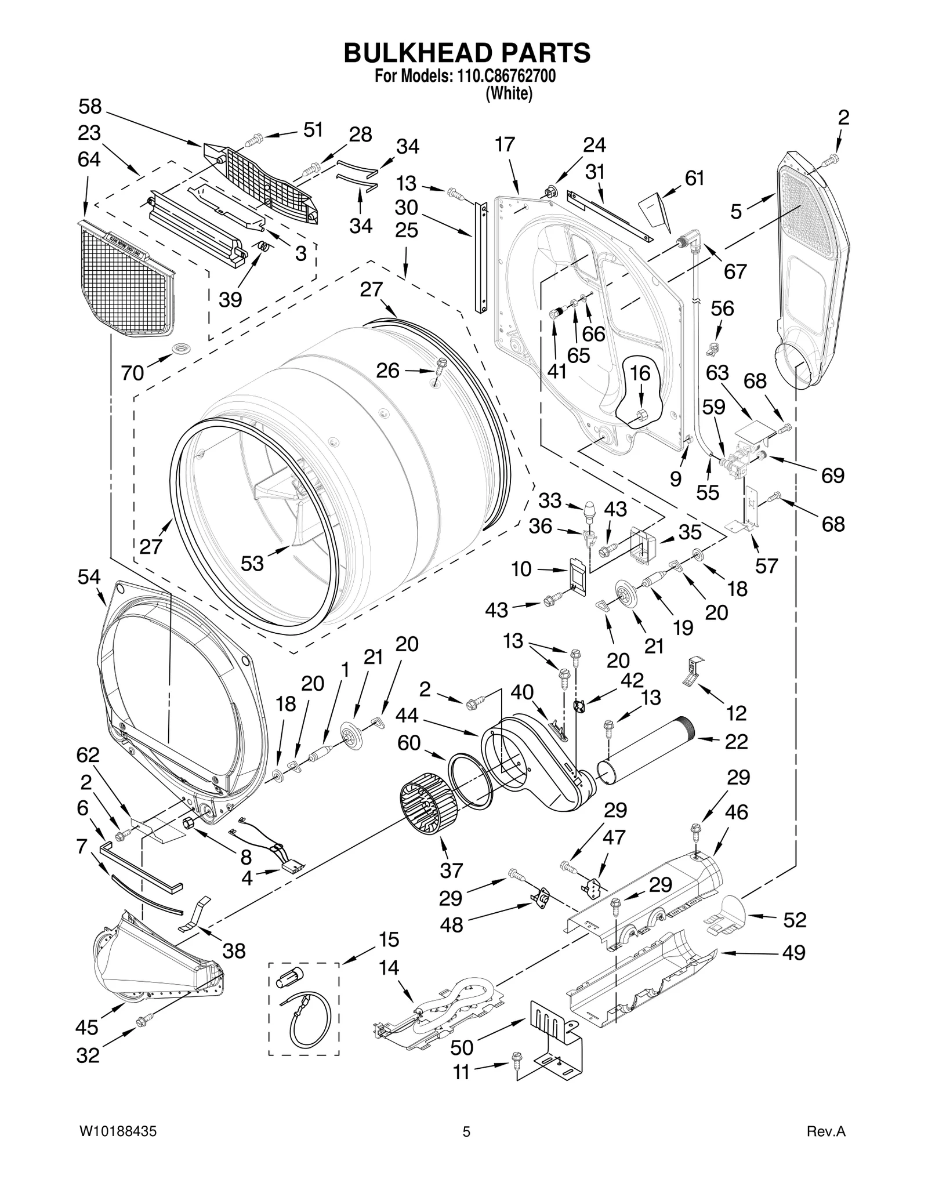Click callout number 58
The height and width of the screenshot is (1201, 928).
[x=90, y=107]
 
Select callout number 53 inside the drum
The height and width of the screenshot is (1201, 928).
[x=252, y=563]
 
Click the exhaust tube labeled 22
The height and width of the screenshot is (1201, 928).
[x=644, y=750]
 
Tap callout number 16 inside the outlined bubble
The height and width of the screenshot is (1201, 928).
[x=640, y=373]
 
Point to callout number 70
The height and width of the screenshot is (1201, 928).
[x=132, y=372]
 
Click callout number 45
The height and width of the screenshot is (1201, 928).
[x=87, y=1027]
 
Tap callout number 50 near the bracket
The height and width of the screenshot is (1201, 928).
[x=462, y=1047]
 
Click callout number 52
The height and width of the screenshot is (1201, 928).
[x=795, y=920]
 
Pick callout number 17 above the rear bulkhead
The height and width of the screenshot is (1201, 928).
[x=505, y=144]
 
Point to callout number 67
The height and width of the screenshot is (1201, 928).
[x=735, y=271]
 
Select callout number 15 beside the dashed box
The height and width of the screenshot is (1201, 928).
[x=389, y=939]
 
